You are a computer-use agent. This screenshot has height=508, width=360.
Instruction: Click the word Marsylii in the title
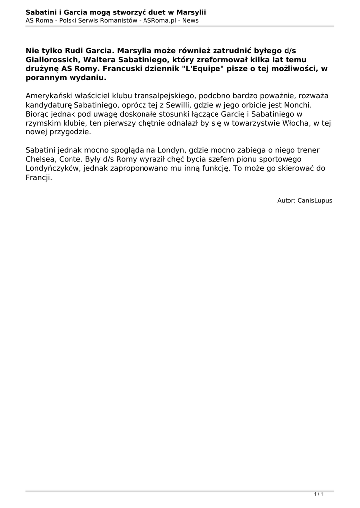[x=190, y=11]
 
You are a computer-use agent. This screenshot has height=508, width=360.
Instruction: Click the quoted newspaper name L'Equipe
[x=205, y=69]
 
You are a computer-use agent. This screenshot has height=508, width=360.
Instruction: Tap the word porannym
[x=47, y=78]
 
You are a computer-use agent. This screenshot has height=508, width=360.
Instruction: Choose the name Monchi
[x=298, y=106]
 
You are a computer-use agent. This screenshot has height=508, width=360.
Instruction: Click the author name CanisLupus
[x=315, y=201]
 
